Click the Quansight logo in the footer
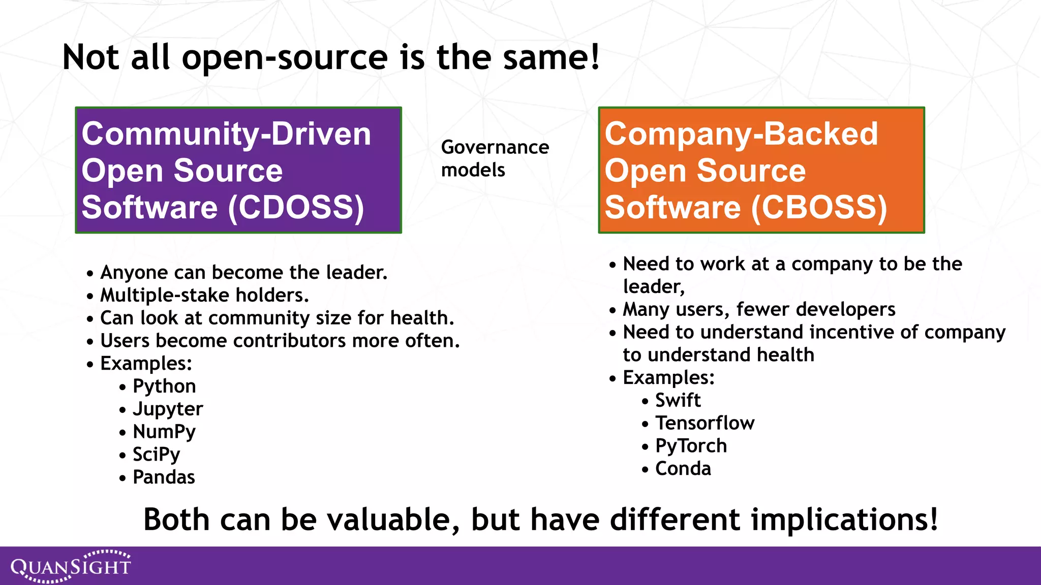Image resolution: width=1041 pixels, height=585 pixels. point(71,566)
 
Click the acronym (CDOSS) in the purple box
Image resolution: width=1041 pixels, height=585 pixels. point(296,207)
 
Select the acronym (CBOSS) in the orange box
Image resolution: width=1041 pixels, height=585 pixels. point(819,207)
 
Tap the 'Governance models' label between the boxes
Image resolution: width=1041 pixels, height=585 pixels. point(495,158)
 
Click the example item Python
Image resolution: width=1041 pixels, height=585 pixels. point(164,386)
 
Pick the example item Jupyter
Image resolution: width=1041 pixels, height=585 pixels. point(168,409)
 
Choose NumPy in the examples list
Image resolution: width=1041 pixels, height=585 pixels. point(164,432)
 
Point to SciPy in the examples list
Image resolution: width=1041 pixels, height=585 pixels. point(156,454)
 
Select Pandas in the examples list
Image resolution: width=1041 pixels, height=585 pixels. point(164,477)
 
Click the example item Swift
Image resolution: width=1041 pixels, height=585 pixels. point(678,401)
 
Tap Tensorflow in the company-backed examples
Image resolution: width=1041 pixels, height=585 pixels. point(705,423)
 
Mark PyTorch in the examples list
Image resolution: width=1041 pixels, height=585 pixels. point(691,446)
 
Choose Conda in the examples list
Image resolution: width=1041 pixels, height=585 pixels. point(683,469)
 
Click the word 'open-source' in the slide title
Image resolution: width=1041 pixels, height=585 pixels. point(285,57)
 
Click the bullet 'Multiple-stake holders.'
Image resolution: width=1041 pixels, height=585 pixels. point(204,295)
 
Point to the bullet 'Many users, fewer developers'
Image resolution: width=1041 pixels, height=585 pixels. point(759,309)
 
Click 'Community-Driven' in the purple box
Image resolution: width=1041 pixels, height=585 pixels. point(226,134)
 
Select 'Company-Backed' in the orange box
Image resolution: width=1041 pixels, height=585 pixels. point(741,134)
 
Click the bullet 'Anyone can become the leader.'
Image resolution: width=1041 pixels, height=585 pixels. point(243,273)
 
